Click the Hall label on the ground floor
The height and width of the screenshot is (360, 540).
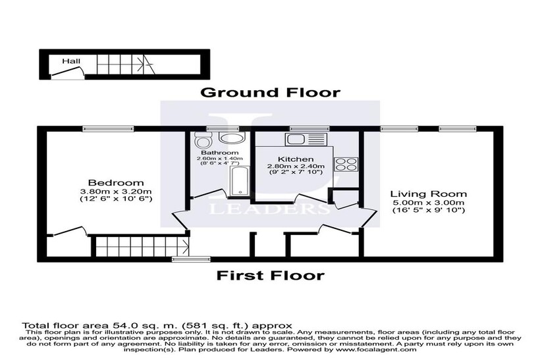click(x=71, y=61)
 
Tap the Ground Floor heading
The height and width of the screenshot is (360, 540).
click(x=271, y=93)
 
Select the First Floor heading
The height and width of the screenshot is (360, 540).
click(x=271, y=275)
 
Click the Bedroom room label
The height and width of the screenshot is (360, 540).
click(x=116, y=183)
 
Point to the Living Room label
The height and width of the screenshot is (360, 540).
click(x=429, y=193)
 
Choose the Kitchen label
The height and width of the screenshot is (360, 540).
click(x=296, y=159)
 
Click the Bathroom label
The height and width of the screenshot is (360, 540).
click(x=220, y=153)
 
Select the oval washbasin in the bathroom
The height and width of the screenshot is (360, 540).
click(x=231, y=138)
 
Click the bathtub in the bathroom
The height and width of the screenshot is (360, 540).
click(x=239, y=181)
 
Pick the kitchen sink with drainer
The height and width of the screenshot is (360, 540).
click(x=305, y=140)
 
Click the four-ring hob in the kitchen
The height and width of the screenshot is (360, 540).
click(x=346, y=163)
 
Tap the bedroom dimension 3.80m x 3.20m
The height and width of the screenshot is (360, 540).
click(x=116, y=192)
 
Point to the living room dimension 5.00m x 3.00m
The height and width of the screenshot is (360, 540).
click(x=429, y=203)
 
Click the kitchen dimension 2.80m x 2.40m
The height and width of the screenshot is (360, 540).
click(x=296, y=167)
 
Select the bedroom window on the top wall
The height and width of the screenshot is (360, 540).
click(x=108, y=129)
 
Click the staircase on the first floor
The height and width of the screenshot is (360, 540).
click(x=140, y=246)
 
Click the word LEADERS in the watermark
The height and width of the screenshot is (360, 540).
click(x=269, y=208)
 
